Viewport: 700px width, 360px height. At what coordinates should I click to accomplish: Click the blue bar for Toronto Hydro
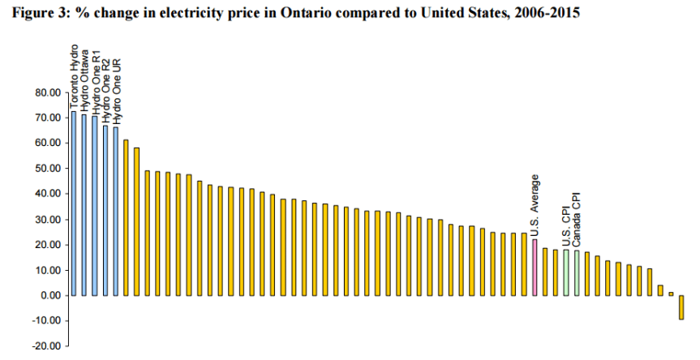coord(74,203)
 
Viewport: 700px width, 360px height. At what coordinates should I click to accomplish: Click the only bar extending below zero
coord(681,307)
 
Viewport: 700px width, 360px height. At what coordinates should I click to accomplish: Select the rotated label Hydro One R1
coord(95,83)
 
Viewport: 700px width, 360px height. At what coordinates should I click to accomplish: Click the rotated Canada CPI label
coord(578,220)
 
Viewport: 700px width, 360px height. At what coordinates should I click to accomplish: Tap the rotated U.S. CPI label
coord(566,226)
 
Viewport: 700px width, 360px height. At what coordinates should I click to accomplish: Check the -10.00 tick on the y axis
coord(49,320)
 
